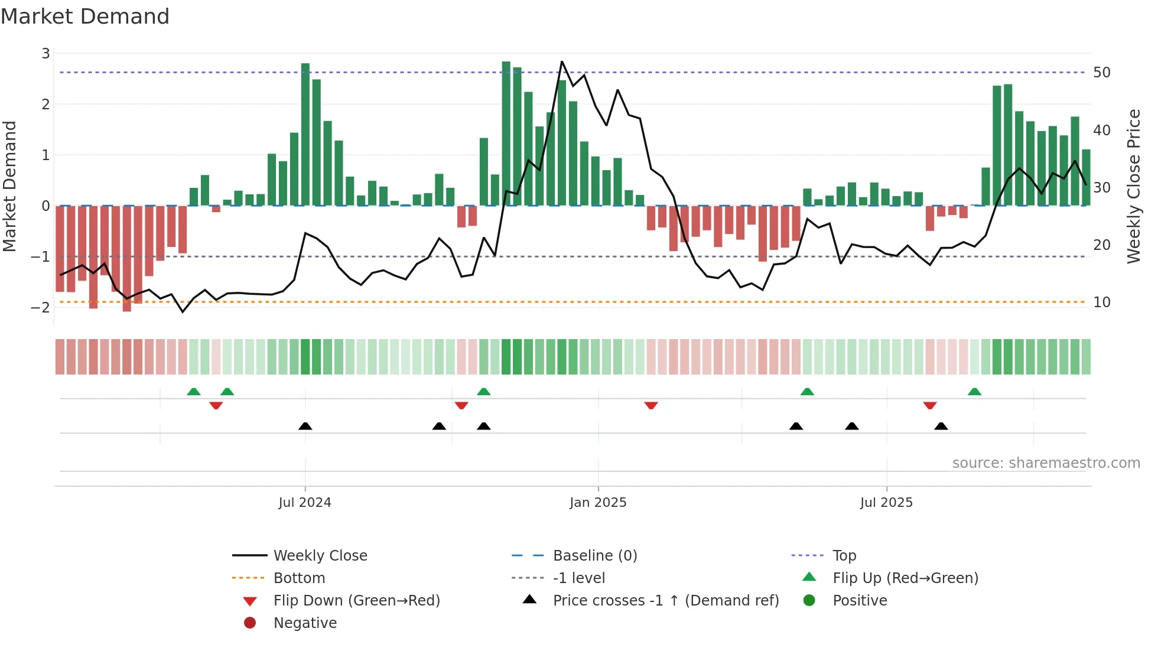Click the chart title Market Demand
pyautogui.click(x=85, y=17)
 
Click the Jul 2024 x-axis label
pyautogui.click(x=305, y=503)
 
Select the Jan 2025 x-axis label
pyautogui.click(x=598, y=503)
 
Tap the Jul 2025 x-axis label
pyautogui.click(x=886, y=503)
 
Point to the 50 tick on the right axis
pyautogui.click(x=1101, y=73)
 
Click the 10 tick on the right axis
pyautogui.click(x=1101, y=302)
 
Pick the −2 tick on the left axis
pyautogui.click(x=40, y=307)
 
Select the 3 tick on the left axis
pyautogui.click(x=45, y=54)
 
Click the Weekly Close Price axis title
pyautogui.click(x=1133, y=186)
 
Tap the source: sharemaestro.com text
pyautogui.click(x=1046, y=463)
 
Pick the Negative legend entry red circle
pyautogui.click(x=250, y=623)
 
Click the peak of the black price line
pyautogui.click(x=562, y=61)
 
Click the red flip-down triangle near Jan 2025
pyautogui.click(x=651, y=406)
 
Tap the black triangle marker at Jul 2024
pyautogui.click(x=305, y=426)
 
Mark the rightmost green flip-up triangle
pyautogui.click(x=974, y=392)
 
